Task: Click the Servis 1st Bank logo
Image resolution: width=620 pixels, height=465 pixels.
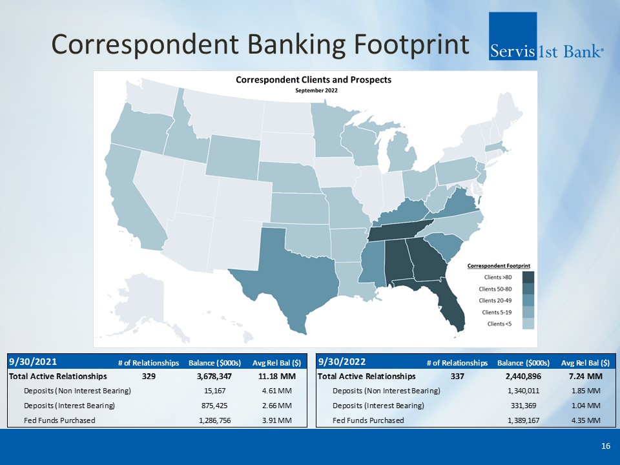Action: click(546, 36)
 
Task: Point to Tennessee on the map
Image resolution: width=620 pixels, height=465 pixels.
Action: click(399, 230)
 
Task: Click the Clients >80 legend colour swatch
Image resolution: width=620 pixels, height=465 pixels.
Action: click(528, 277)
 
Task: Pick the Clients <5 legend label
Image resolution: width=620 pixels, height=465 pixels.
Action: click(499, 324)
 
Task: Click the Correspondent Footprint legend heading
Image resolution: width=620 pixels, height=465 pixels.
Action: click(499, 265)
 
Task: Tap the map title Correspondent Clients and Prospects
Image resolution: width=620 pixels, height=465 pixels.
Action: click(314, 80)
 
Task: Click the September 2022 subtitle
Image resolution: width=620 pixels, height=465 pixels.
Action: click(316, 90)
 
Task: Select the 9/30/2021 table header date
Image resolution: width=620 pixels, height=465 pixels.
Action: click(33, 362)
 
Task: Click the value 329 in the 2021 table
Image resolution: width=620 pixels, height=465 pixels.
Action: click(149, 377)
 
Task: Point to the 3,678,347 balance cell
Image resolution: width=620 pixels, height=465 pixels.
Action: click(214, 377)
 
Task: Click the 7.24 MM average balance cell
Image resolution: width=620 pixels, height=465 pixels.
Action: click(586, 377)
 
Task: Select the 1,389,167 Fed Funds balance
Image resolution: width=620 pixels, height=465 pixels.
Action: click(524, 420)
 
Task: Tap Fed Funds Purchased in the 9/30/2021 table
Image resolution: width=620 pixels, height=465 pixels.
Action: click(59, 420)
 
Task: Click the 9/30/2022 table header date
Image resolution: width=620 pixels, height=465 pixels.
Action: click(342, 362)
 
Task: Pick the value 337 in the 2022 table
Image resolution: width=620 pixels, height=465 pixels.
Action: click(457, 377)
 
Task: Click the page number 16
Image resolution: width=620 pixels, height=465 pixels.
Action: click(605, 446)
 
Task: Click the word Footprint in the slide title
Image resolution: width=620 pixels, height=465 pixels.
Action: click(411, 45)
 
